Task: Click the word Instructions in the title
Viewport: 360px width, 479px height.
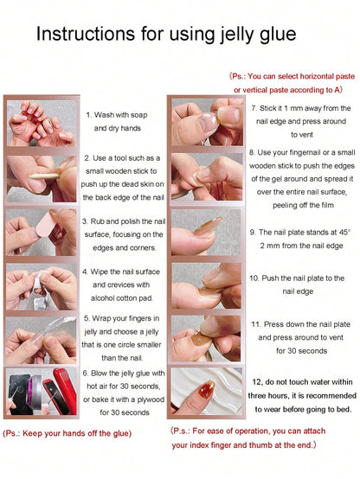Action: (86, 34)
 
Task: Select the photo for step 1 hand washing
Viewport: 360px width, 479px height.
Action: (42, 123)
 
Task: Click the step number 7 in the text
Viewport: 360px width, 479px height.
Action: (254, 108)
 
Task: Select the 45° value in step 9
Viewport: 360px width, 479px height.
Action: (344, 233)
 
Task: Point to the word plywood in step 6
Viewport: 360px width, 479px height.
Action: (151, 399)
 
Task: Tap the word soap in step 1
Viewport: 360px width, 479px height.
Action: (139, 116)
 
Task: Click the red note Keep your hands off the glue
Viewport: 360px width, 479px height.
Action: (67, 433)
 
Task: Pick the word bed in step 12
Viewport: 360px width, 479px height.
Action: (344, 409)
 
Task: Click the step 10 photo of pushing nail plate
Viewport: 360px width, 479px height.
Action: (206, 286)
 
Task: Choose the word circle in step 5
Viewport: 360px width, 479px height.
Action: (127, 345)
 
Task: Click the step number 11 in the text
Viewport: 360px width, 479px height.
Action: (256, 324)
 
